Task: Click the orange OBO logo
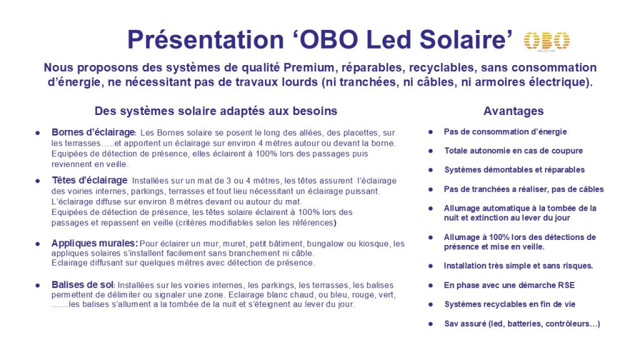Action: (x=546, y=41)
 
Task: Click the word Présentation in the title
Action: (x=205, y=39)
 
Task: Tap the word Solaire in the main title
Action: (x=466, y=39)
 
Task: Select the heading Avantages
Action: (x=514, y=111)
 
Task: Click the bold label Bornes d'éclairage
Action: (x=93, y=132)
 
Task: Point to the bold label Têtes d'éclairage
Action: (x=89, y=181)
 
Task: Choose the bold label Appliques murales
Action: (x=94, y=243)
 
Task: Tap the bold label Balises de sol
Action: (x=82, y=285)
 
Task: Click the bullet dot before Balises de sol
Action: (x=37, y=285)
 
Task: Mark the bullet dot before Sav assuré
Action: (x=431, y=324)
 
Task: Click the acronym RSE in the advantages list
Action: (x=566, y=285)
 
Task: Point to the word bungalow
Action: (x=326, y=244)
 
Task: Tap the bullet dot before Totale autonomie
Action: (x=431, y=151)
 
